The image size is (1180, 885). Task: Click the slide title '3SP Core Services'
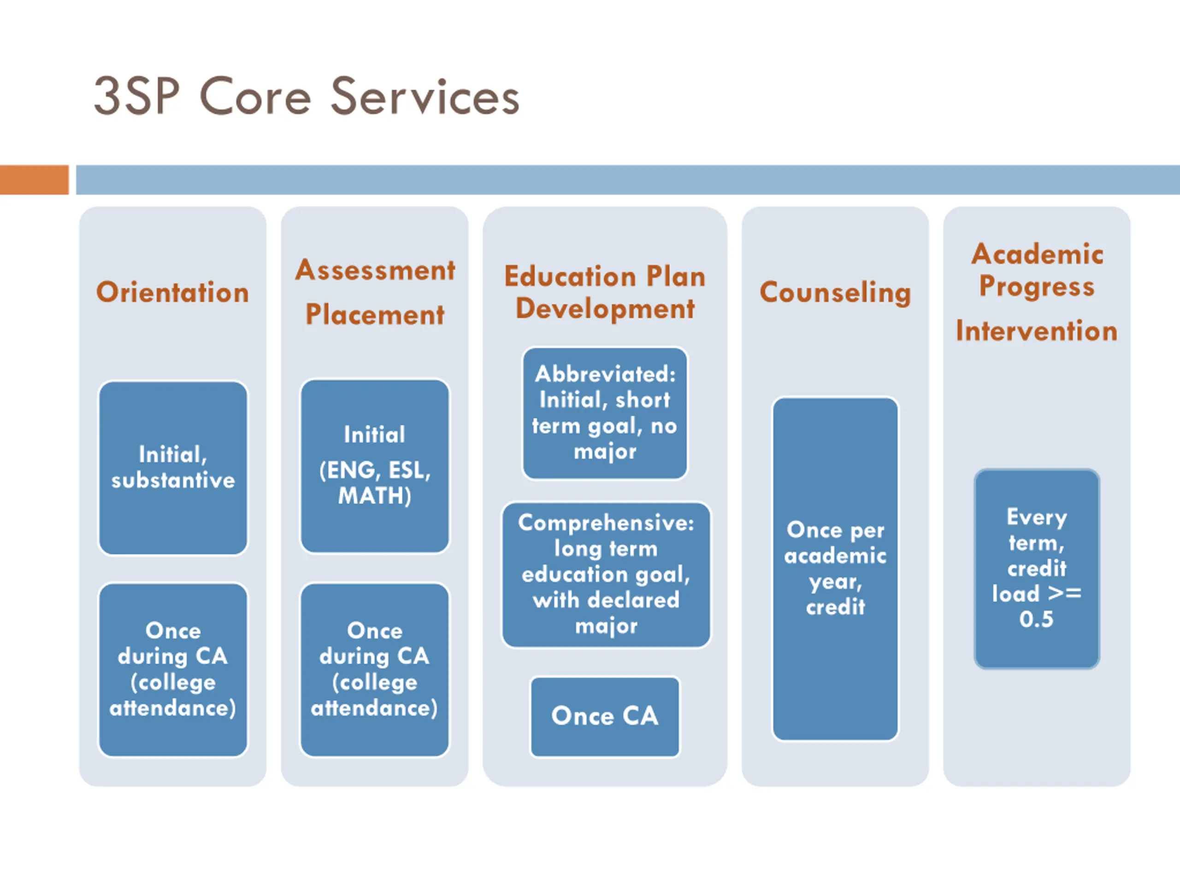[307, 96]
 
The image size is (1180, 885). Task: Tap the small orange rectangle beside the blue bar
[34, 180]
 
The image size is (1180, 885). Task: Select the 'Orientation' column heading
[172, 292]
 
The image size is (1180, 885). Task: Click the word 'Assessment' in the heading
[375, 270]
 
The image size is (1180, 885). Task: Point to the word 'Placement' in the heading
[375, 314]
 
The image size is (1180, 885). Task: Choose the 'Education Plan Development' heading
[605, 292]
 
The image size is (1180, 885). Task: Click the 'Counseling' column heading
[835, 292]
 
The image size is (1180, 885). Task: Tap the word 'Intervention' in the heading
[1037, 331]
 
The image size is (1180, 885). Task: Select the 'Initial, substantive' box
[173, 468]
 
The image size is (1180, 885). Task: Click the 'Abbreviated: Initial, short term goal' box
[605, 413]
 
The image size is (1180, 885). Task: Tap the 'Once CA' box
[605, 717]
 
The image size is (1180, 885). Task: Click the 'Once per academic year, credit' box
[835, 569]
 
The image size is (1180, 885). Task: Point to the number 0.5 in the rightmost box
[1036, 619]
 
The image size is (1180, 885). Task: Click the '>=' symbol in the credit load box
[1065, 593]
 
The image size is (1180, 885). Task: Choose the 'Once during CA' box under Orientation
[173, 669]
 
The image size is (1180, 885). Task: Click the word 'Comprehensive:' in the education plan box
[606, 523]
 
